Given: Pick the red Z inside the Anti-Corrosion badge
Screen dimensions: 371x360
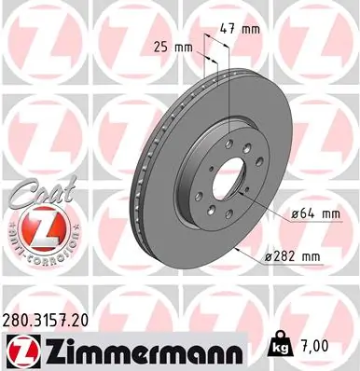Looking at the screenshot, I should pos(32,227).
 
